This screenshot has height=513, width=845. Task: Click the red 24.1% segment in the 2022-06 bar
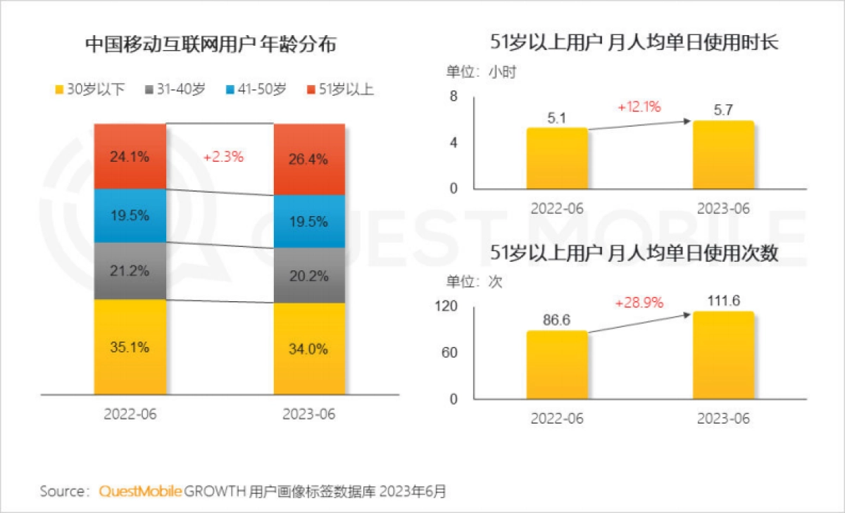coord(130,157)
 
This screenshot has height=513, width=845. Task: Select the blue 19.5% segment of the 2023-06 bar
coord(309,222)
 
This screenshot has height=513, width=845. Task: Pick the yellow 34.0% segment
coord(309,349)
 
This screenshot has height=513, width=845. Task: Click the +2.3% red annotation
coord(223,158)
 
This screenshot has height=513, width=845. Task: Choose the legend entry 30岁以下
coord(89,89)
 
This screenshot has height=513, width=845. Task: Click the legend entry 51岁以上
coord(339,89)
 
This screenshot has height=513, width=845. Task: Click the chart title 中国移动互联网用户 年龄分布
coord(211,46)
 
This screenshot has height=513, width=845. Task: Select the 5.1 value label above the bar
coord(557,118)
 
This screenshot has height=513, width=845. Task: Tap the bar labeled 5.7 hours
coord(723,155)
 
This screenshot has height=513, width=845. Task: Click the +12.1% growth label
coord(639,107)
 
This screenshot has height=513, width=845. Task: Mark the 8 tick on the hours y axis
coord(453,96)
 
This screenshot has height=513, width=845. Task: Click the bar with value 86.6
coord(557,365)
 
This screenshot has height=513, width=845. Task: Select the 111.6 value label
coord(723,300)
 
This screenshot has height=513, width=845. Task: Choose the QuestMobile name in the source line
coord(141,491)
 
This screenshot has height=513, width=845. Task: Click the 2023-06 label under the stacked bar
coord(309,414)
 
